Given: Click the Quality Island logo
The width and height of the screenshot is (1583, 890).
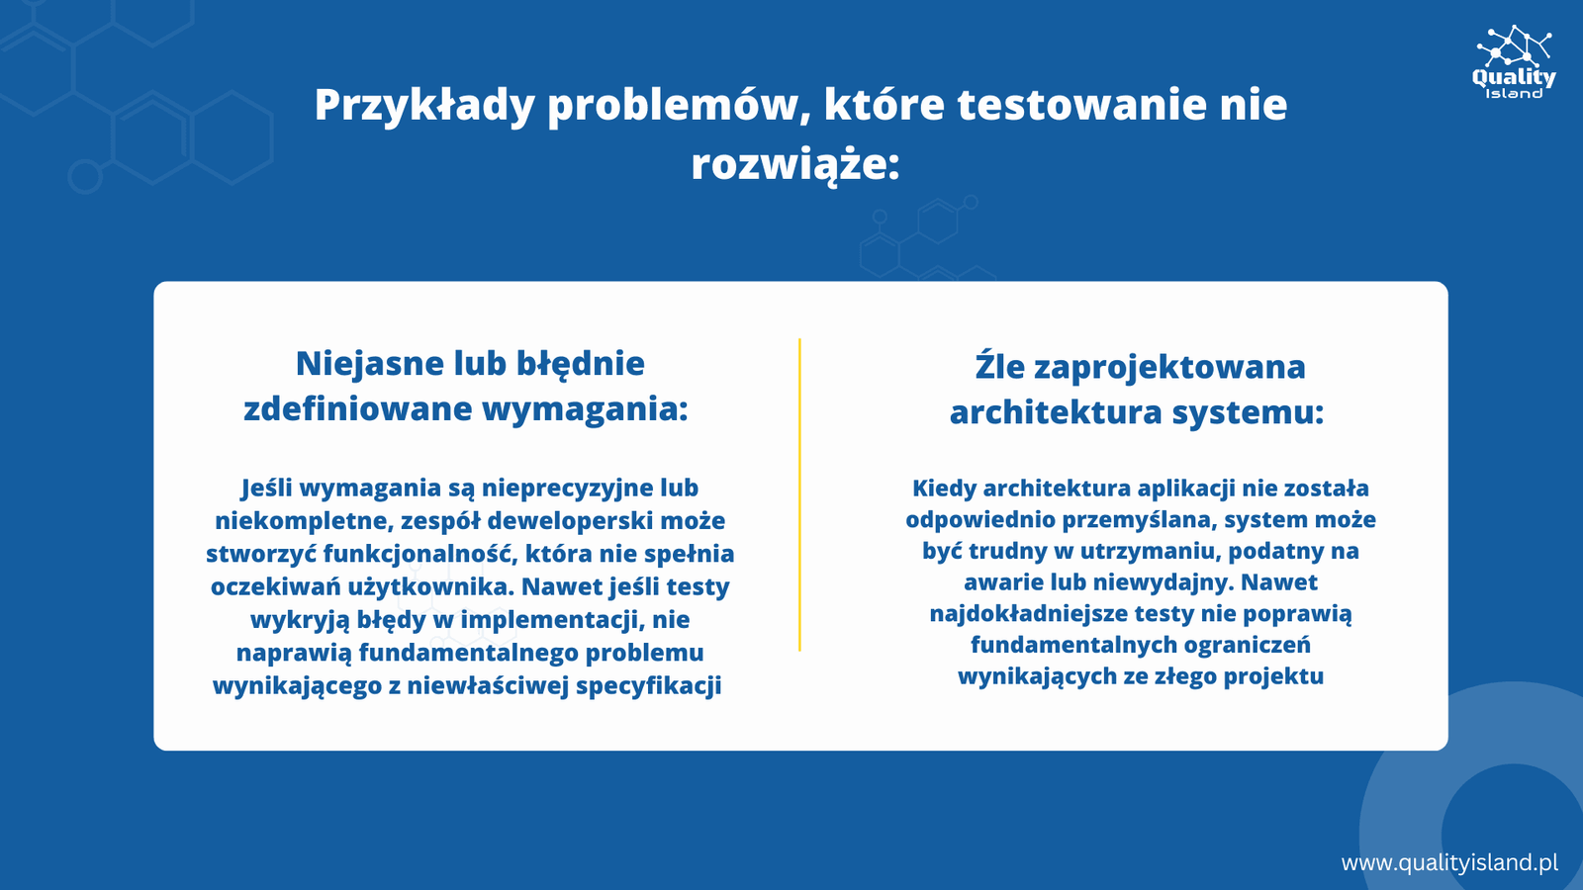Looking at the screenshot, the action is click(x=1514, y=62).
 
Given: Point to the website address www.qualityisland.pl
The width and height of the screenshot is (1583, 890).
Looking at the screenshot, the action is click(x=1449, y=862).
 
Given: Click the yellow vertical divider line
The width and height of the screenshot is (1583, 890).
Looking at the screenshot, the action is click(x=799, y=494).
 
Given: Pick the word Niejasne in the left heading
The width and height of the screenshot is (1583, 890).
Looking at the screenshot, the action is click(x=369, y=363).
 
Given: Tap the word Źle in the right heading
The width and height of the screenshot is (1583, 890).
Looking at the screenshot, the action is click(x=998, y=366).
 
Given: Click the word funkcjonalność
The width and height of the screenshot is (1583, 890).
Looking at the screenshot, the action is click(x=417, y=554).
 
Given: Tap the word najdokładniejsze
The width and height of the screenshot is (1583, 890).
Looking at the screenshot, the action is click(x=1028, y=613).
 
